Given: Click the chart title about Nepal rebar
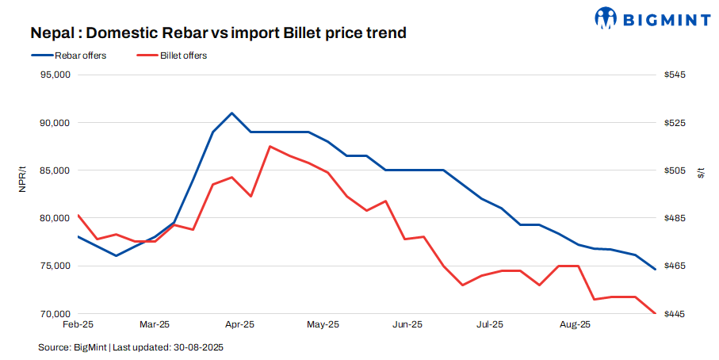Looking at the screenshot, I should tap(218, 33).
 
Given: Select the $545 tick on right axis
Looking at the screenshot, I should tap(675, 75).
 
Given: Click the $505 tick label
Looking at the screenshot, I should tap(675, 170).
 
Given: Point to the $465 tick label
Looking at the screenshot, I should tap(675, 266).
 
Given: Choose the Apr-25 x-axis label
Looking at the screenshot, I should tap(239, 324).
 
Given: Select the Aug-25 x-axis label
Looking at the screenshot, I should tap(574, 324).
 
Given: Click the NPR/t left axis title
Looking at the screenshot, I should tap(23, 179).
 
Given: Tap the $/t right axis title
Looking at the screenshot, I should tap(700, 172).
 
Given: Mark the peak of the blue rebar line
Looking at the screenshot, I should tap(231, 113).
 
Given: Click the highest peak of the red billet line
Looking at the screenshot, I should tap(270, 146).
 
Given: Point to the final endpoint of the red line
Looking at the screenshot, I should tap(654, 313).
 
